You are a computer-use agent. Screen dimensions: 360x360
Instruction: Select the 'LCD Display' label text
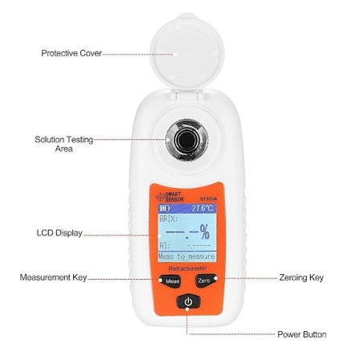pos(59,233)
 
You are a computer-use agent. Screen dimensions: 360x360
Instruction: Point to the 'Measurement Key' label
pos(53,277)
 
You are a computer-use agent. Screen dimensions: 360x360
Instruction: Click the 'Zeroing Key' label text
pos(301,277)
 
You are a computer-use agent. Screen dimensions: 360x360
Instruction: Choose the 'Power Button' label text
pos(301,333)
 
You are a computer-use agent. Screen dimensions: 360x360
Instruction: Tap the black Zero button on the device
pos(204,280)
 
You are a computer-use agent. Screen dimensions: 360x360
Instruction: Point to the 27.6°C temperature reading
pos(202,207)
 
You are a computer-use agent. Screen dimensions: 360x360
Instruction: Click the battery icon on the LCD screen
pos(165,207)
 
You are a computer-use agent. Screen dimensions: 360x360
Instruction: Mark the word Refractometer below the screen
pos(187,266)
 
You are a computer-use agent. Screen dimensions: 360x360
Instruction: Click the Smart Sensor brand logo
pos(171,196)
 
